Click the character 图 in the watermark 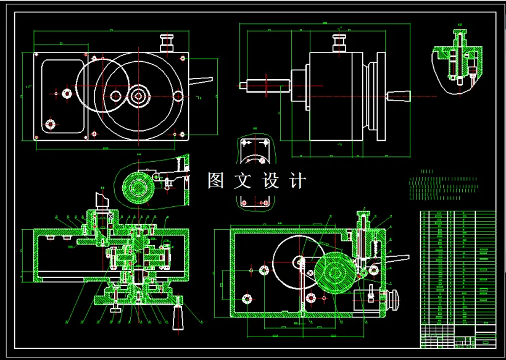click(216, 181)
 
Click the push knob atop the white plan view click(167, 42)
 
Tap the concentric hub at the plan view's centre click(138, 95)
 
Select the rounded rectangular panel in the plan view click(62, 96)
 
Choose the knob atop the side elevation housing click(339, 43)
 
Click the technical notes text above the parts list click(443, 188)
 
